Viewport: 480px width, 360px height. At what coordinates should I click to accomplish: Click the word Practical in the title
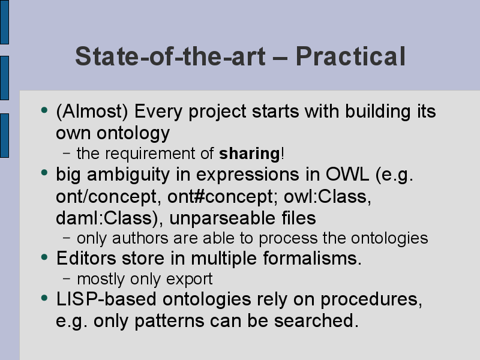[350, 56]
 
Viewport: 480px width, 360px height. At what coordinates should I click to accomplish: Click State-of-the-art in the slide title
[170, 56]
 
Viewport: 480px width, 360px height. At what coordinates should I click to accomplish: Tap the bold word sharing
[250, 154]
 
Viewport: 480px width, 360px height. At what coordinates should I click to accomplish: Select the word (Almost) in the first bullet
[92, 111]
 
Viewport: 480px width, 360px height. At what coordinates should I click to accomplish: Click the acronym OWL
[347, 175]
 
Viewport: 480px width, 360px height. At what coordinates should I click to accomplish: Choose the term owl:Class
[328, 196]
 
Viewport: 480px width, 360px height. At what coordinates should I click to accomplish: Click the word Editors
[86, 258]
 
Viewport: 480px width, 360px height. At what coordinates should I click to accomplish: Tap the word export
[189, 279]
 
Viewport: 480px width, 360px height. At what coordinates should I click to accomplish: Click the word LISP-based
[106, 299]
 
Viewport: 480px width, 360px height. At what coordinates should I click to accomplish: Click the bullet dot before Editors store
[44, 257]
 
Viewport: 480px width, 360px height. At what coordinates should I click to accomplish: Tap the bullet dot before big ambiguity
[44, 173]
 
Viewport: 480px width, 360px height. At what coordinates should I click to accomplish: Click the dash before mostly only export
[67, 278]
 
